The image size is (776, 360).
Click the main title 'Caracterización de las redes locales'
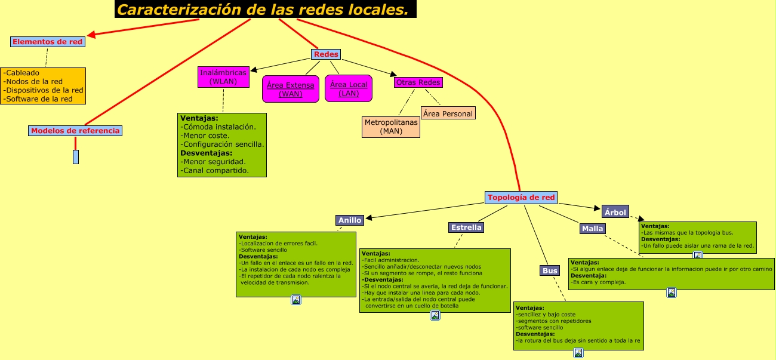265,10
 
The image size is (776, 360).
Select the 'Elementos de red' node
48,42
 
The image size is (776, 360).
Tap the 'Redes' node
326,54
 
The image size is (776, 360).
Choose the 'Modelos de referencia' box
75,131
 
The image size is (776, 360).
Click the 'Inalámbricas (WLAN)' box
223,77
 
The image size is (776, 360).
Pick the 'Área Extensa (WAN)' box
291,89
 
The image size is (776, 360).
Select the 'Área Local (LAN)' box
349,89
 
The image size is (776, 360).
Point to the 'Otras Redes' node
418,82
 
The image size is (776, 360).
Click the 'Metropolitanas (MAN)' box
391,127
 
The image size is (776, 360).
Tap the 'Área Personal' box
448,113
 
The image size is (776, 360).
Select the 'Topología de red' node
521,198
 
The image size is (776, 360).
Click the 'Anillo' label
350,220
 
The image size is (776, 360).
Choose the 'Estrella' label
466,227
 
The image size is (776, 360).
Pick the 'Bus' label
550,271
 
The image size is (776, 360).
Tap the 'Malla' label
592,229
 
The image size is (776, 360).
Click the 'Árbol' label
615,212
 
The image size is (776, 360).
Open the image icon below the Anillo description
295,300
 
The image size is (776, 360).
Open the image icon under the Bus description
578,353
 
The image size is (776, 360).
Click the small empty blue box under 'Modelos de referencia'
76,157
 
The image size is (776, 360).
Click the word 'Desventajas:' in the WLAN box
205,153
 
